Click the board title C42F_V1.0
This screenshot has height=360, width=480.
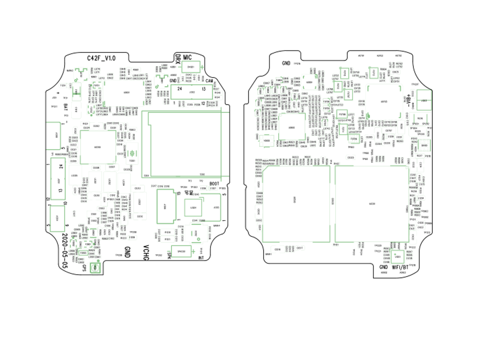point(102,58)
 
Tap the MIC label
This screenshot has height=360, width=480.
point(187,57)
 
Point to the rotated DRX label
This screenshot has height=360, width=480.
point(178,59)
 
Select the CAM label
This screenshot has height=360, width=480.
point(210,81)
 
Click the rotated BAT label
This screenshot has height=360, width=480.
point(66,108)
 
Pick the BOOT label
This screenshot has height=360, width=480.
point(214,184)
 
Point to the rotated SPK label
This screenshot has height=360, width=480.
point(169,252)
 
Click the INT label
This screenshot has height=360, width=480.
point(201,258)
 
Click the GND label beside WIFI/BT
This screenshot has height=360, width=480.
point(383,267)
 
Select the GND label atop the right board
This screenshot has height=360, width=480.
point(286,63)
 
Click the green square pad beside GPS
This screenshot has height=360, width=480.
point(96,268)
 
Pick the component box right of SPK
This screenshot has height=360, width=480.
point(181,252)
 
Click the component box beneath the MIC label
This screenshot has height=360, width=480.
point(188,67)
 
